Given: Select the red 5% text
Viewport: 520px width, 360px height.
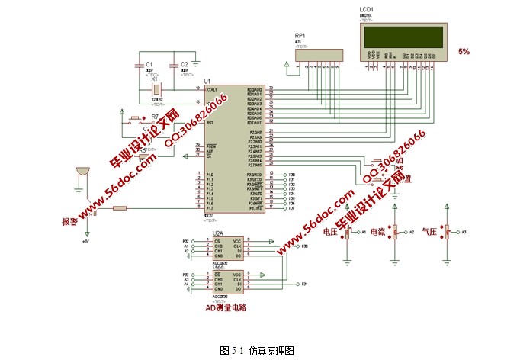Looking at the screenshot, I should (464, 51).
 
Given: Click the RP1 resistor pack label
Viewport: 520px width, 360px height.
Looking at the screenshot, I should (300, 36).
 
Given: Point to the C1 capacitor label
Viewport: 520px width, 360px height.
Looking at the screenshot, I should (149, 64).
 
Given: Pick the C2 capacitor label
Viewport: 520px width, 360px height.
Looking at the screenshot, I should (184, 64).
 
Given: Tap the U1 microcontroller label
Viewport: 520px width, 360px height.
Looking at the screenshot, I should (207, 80).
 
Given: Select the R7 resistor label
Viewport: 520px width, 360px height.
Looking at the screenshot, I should (155, 117).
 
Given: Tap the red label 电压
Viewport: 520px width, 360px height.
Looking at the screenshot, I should (330, 231).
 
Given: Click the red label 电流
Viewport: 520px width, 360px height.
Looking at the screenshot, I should (377, 231).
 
